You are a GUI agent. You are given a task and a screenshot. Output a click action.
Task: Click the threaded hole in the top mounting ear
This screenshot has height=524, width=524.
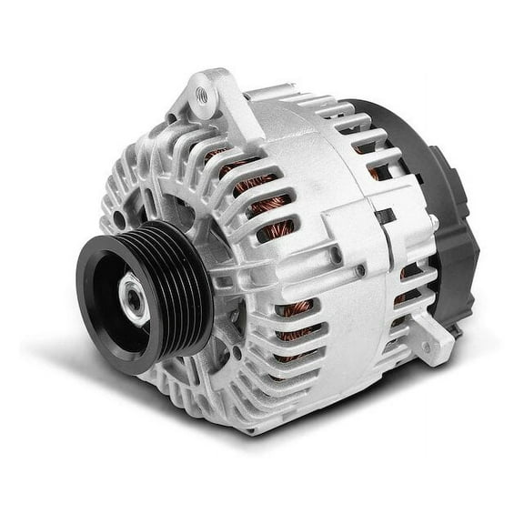(x=202, y=94)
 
